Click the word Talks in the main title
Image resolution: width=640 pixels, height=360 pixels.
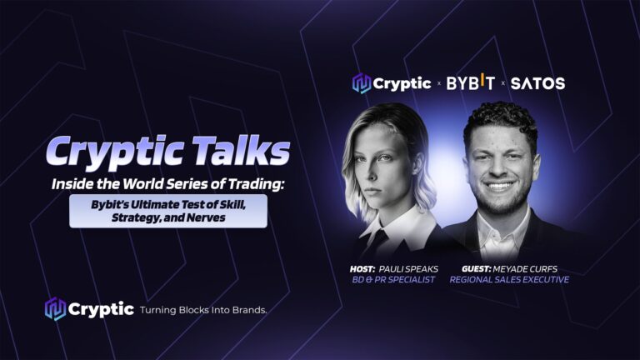pyautogui.click(x=241, y=150)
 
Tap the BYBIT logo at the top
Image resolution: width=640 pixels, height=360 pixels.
pyautogui.click(x=471, y=82)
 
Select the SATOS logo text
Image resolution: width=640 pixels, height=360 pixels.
pyautogui.click(x=537, y=83)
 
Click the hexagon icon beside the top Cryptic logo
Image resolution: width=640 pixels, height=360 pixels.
pyautogui.click(x=361, y=83)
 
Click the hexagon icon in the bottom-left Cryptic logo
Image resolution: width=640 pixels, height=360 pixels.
pyautogui.click(x=55, y=309)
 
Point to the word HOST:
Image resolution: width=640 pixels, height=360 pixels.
pyautogui.click(x=362, y=269)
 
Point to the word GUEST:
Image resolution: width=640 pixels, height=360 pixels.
pyautogui.click(x=477, y=269)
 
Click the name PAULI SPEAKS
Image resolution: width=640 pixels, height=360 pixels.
pyautogui.click(x=408, y=269)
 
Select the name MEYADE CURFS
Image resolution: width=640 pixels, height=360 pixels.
pyautogui.click(x=525, y=269)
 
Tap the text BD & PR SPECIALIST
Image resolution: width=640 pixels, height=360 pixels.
pyautogui.click(x=393, y=280)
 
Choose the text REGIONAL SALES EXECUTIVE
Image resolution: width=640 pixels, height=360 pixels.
pyautogui.click(x=509, y=280)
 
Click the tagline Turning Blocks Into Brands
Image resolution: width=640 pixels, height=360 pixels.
pyautogui.click(x=203, y=310)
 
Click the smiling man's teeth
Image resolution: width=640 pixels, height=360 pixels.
pyautogui.click(x=499, y=186)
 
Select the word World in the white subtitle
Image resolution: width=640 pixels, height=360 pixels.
pyautogui.click(x=140, y=184)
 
